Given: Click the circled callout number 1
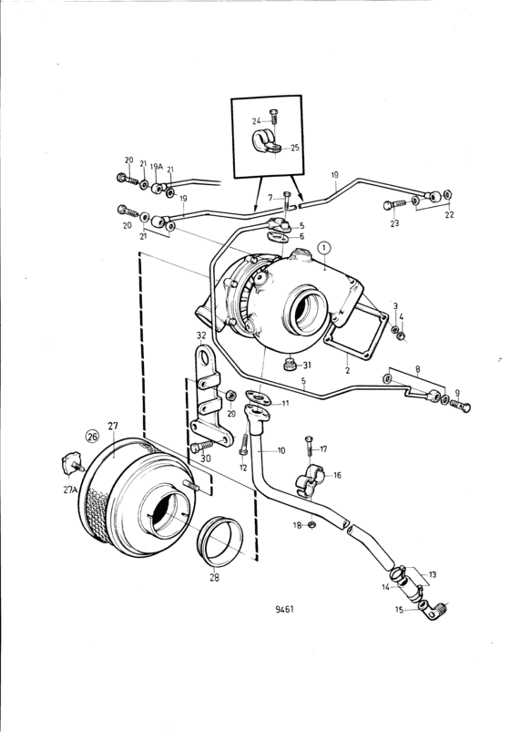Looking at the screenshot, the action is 324,248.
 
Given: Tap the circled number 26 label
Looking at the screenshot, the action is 92,437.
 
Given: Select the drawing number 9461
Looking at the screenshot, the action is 285,609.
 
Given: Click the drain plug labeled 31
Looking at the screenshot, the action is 290,364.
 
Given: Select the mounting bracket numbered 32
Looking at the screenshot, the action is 209,397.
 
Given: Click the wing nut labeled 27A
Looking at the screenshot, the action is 72,462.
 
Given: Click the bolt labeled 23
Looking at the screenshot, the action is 394,204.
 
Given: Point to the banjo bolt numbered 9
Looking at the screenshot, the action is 460,406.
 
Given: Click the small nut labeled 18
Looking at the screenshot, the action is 312,525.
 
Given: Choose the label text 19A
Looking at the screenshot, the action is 157,166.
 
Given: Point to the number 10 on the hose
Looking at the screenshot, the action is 281,450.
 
